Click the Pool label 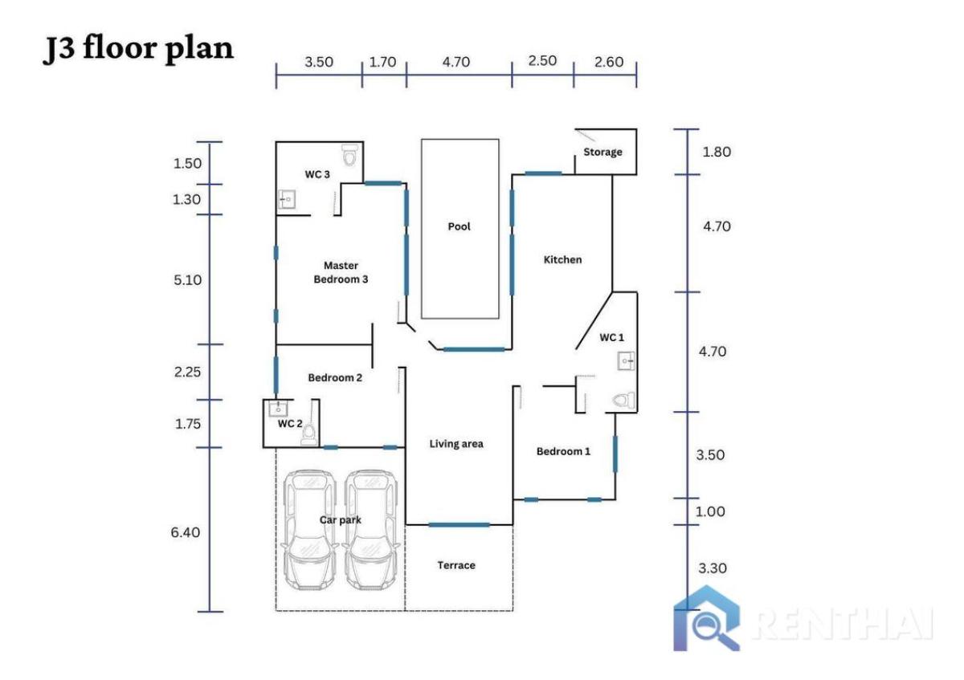[460, 226]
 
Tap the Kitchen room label [562, 259]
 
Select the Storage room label [602, 152]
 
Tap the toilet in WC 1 [624, 399]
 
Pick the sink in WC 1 [627, 361]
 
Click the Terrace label [456, 565]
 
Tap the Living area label [456, 443]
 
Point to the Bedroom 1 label [563, 451]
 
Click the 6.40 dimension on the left [186, 532]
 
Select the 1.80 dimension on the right [717, 152]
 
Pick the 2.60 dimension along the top [607, 62]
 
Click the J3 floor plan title [138, 48]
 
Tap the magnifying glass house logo [707, 618]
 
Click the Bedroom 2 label [336, 377]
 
